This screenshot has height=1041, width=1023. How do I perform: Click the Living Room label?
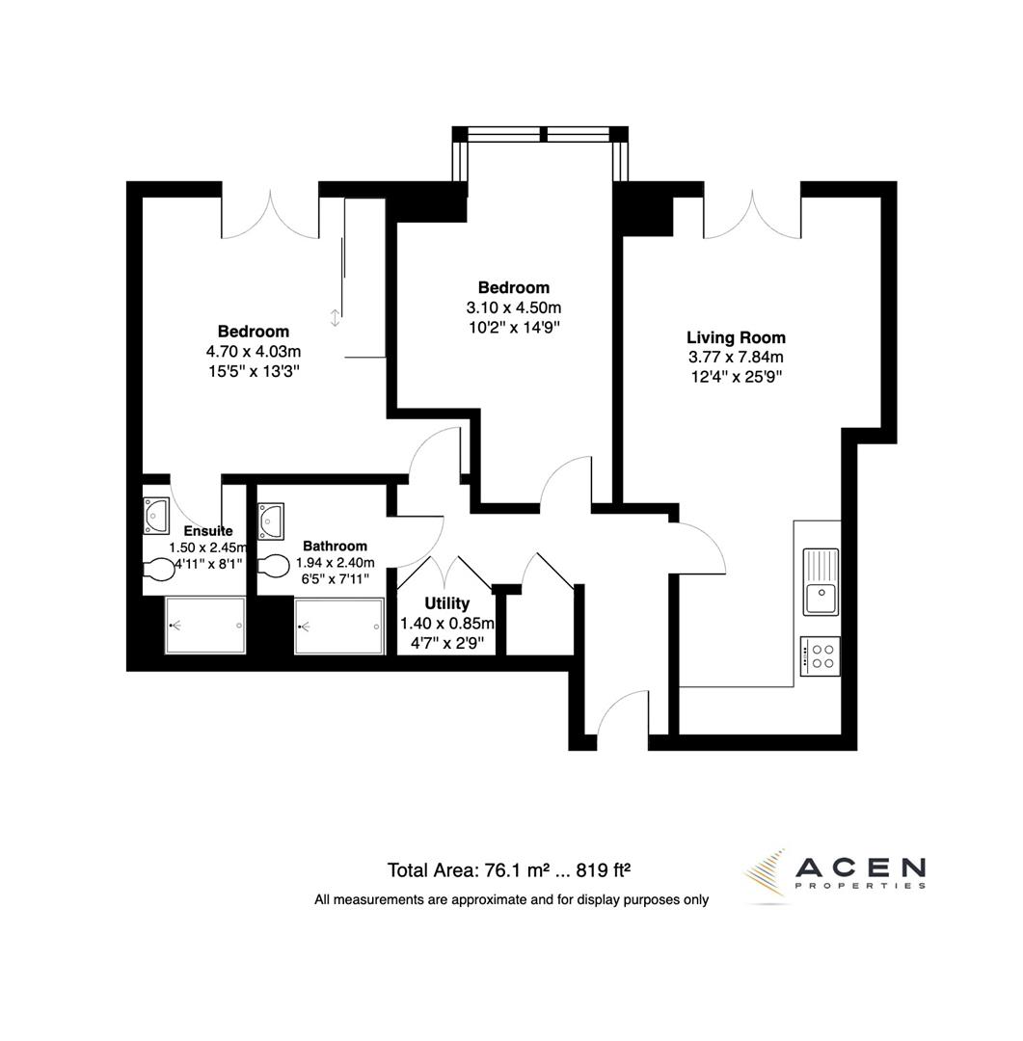click(x=736, y=337)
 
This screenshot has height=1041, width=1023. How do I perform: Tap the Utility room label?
click(x=447, y=603)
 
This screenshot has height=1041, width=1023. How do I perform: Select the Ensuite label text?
click(x=207, y=530)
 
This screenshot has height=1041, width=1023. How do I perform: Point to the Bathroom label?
click(x=335, y=546)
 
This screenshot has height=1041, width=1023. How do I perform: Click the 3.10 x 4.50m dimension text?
click(x=514, y=307)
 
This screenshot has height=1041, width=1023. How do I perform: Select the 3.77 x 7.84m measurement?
click(x=736, y=358)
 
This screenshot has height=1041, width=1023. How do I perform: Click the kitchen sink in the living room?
click(x=821, y=581)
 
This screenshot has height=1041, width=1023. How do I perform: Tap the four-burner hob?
click(x=821, y=655)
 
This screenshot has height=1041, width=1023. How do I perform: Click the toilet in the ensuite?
click(x=158, y=569)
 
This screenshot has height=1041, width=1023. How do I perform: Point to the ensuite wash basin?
click(x=156, y=515)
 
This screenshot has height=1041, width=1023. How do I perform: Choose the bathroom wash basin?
click(x=271, y=520)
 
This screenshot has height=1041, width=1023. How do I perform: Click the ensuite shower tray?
click(x=205, y=626)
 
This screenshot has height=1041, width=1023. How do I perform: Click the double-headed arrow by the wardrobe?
click(x=335, y=317)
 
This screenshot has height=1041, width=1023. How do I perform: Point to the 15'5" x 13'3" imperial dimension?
click(x=253, y=370)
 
